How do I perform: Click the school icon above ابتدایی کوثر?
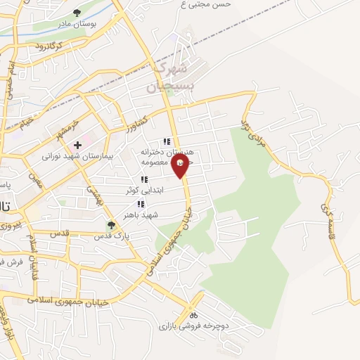click(144, 180)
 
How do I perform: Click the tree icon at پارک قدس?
click(110, 226)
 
